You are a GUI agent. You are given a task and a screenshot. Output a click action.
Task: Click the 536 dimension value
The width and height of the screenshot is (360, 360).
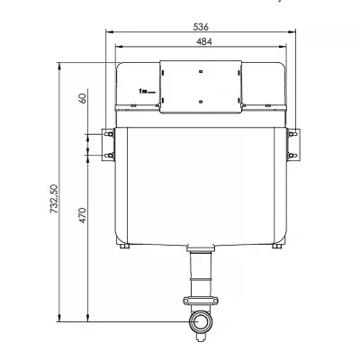click(201, 27)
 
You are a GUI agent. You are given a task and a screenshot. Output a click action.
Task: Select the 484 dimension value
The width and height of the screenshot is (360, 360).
click(204, 41)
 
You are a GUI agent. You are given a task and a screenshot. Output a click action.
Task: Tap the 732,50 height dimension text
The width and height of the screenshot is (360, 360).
click(54, 199)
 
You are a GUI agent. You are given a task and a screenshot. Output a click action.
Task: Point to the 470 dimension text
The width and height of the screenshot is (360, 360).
click(82, 215)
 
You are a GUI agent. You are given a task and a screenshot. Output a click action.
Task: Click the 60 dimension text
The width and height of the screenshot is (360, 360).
click(82, 98)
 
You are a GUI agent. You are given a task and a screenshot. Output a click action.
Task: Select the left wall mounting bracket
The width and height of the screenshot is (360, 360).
click(109, 145)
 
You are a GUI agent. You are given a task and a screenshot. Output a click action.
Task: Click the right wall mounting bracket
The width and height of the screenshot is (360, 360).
click(293, 145)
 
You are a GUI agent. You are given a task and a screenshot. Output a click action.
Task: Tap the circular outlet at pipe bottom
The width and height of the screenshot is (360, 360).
click(201, 321)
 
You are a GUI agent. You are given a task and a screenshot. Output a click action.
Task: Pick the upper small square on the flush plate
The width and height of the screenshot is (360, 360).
click(201, 71)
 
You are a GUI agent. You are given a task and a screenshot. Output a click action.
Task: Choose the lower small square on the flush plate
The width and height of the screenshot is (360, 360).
click(201, 102)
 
